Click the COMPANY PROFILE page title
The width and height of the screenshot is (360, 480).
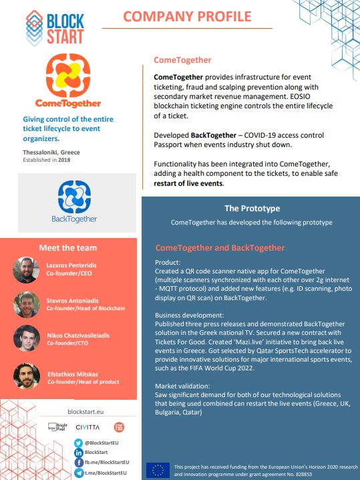pyautogui.click(x=186, y=17)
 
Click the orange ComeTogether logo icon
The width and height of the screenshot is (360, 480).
pyautogui.click(x=65, y=75)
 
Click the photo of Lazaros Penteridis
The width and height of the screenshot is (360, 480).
pyautogui.click(x=25, y=269)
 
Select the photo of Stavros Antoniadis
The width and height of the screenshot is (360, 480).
pyautogui.click(x=25, y=304)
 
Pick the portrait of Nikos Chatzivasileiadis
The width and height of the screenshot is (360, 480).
pyautogui.click(x=25, y=338)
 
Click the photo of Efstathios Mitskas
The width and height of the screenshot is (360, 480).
pyautogui.click(x=25, y=376)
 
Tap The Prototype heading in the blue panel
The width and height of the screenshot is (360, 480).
pyautogui.click(x=252, y=208)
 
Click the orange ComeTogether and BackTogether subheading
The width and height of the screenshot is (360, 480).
pyautogui.click(x=220, y=248)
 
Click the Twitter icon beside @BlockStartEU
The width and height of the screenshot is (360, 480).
pyautogui.click(x=77, y=443)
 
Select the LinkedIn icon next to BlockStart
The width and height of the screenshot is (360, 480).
pyautogui.click(x=77, y=453)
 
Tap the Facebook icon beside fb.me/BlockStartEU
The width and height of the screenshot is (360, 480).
pyautogui.click(x=77, y=462)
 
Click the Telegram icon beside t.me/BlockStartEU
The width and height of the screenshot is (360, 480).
pyautogui.click(x=77, y=472)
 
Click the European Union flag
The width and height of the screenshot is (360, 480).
pyautogui.click(x=158, y=469)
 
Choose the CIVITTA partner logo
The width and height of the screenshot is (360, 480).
pyautogui.click(x=87, y=427)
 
